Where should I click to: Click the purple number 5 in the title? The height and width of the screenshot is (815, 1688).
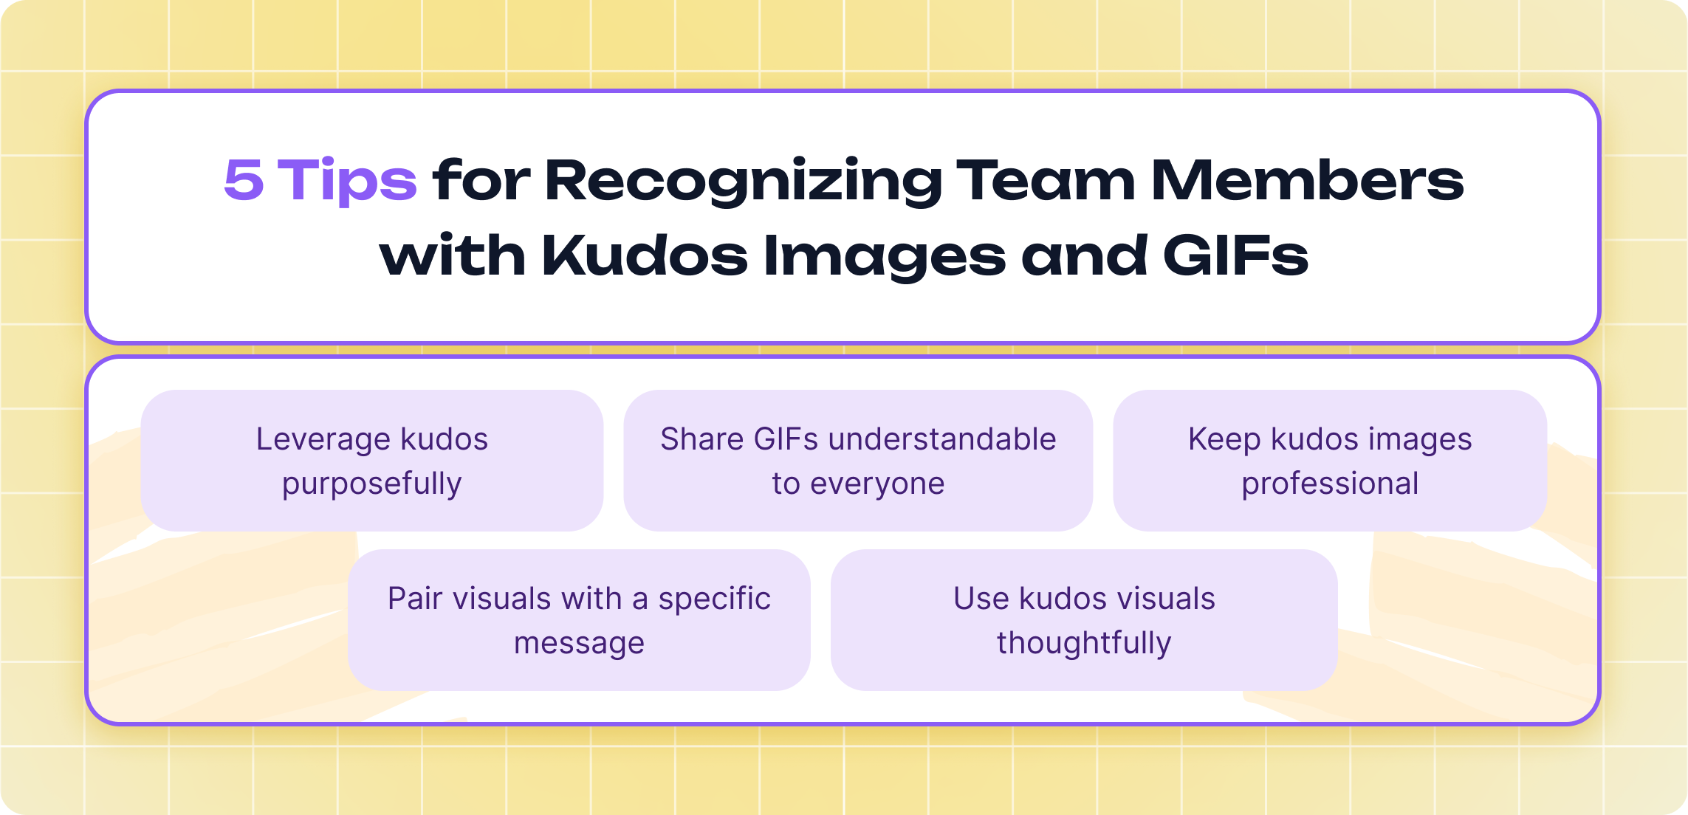244,180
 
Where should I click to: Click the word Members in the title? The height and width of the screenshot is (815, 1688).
1307,180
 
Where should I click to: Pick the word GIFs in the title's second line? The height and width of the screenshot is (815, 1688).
1235,256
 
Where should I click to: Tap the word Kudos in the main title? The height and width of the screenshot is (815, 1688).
645,256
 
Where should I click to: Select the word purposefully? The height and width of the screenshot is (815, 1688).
372,484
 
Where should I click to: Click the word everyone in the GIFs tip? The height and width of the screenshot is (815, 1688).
877,484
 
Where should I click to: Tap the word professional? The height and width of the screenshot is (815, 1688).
1330,484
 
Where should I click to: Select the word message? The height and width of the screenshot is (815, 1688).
579,643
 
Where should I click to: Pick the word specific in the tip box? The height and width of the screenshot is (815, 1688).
714,599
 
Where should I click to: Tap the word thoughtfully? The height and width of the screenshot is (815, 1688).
1084,643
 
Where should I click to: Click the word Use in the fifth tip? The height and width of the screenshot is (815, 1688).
981,599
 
